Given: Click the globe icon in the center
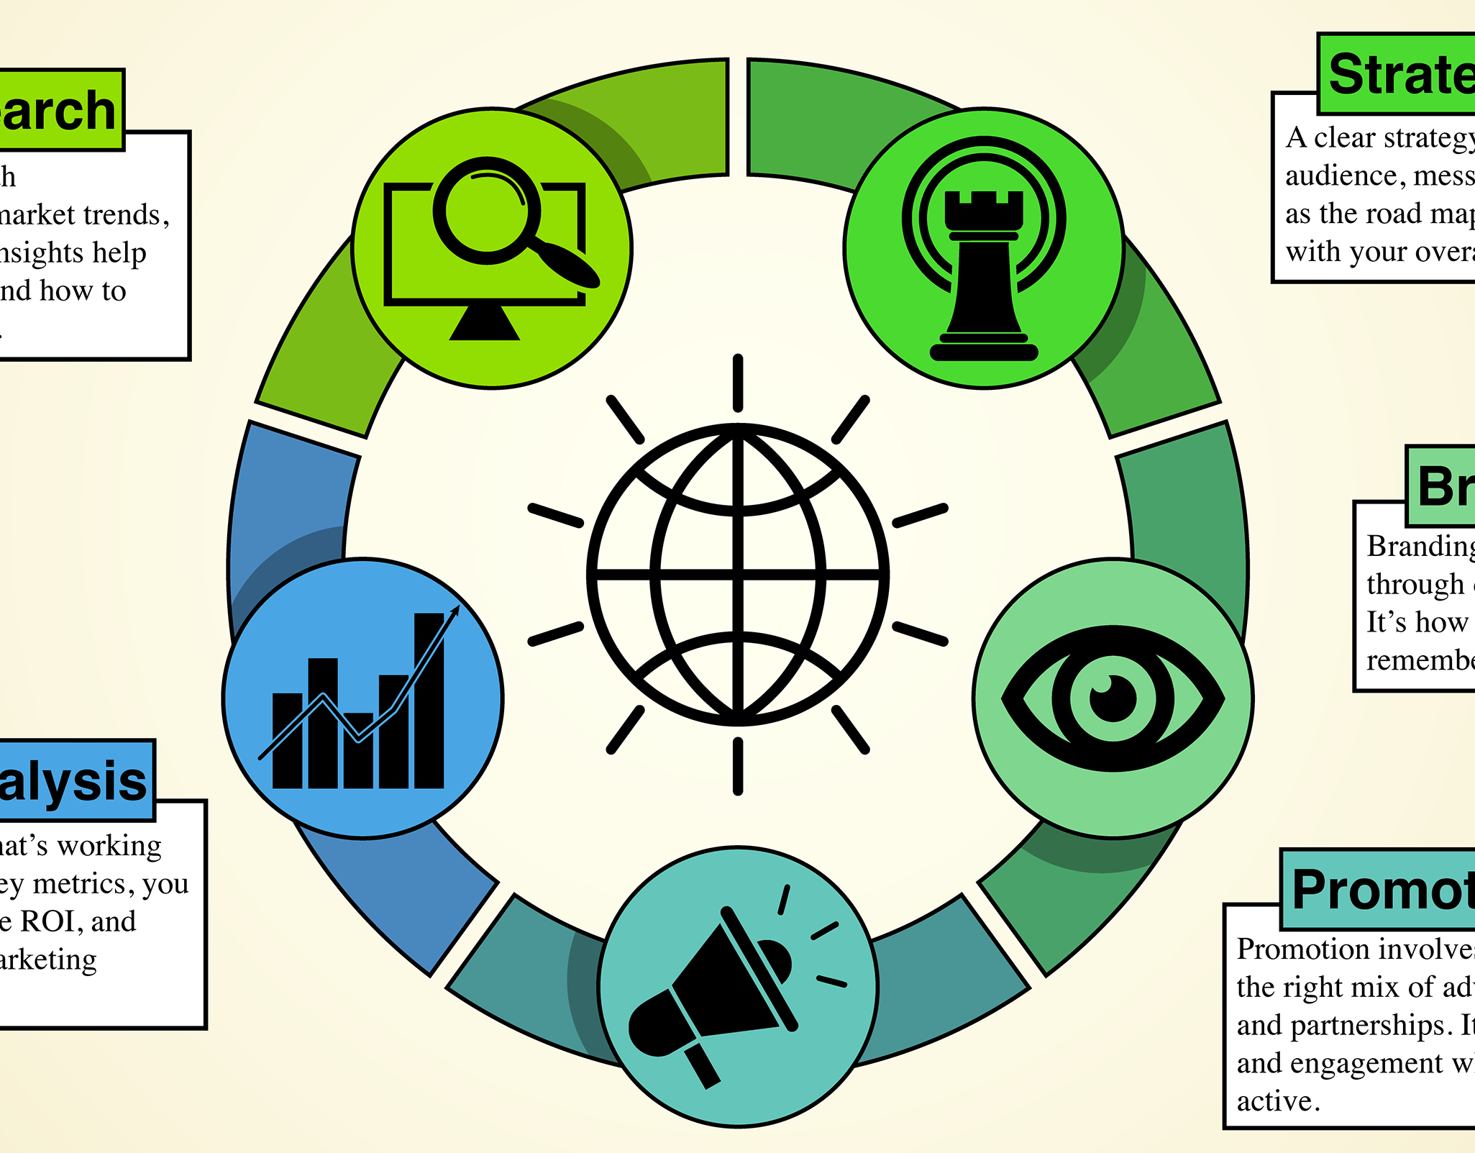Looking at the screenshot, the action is click(738, 574).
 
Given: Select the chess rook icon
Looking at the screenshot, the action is click(983, 273).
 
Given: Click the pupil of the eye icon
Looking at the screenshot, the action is click(1113, 698).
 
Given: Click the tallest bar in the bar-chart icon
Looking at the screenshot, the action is click(429, 701).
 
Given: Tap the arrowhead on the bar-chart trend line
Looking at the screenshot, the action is click(454, 611).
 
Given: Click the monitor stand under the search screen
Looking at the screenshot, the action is click(485, 323).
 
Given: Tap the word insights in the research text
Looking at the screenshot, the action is click(43, 253).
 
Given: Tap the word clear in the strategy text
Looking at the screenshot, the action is click(1344, 137).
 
